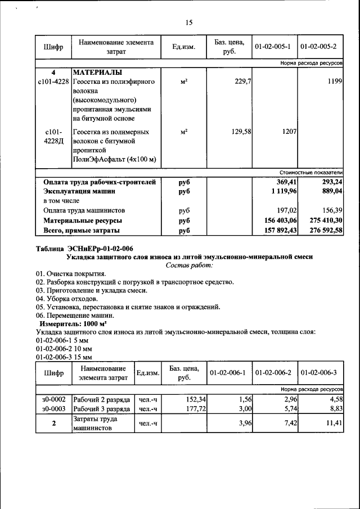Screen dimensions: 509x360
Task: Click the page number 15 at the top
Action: (x=188, y=22)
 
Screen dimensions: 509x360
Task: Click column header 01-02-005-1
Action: (x=272, y=47)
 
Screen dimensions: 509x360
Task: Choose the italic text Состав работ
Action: (x=190, y=264)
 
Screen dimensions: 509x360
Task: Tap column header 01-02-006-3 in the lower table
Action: (x=318, y=373)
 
